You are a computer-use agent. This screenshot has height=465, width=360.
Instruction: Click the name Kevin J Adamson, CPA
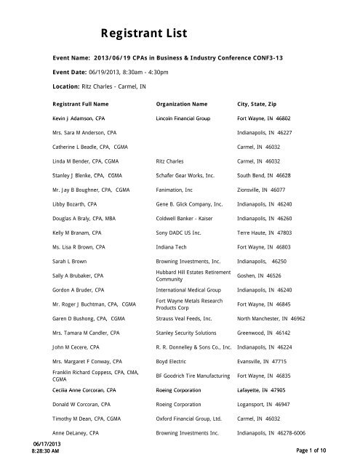(x=84, y=117)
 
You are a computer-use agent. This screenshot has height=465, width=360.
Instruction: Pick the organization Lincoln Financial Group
(x=191, y=117)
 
